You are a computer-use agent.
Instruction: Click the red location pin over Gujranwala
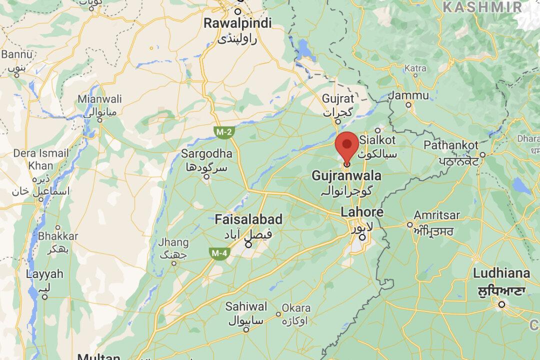(x=346, y=144)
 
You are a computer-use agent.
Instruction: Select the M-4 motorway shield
(x=218, y=254)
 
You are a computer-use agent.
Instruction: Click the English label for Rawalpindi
(x=238, y=23)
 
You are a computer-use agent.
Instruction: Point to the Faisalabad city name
(x=248, y=219)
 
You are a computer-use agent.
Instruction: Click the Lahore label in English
(x=362, y=212)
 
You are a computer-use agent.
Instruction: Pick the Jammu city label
(x=411, y=95)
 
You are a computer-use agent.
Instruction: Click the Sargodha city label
(x=206, y=153)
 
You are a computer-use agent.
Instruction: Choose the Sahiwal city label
(x=246, y=306)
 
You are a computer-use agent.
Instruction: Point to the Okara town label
(x=296, y=308)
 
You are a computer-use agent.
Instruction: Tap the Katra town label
(x=415, y=67)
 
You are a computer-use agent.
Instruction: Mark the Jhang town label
(x=173, y=243)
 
